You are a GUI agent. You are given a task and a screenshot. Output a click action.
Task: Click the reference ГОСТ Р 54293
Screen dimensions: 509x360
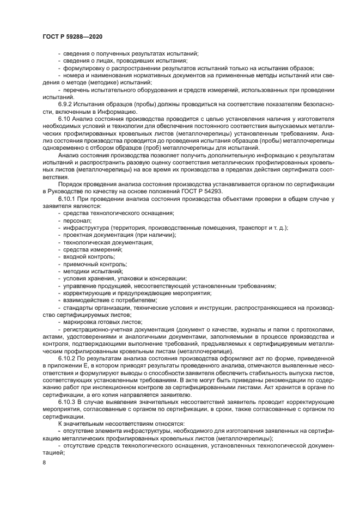click(x=197, y=193)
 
